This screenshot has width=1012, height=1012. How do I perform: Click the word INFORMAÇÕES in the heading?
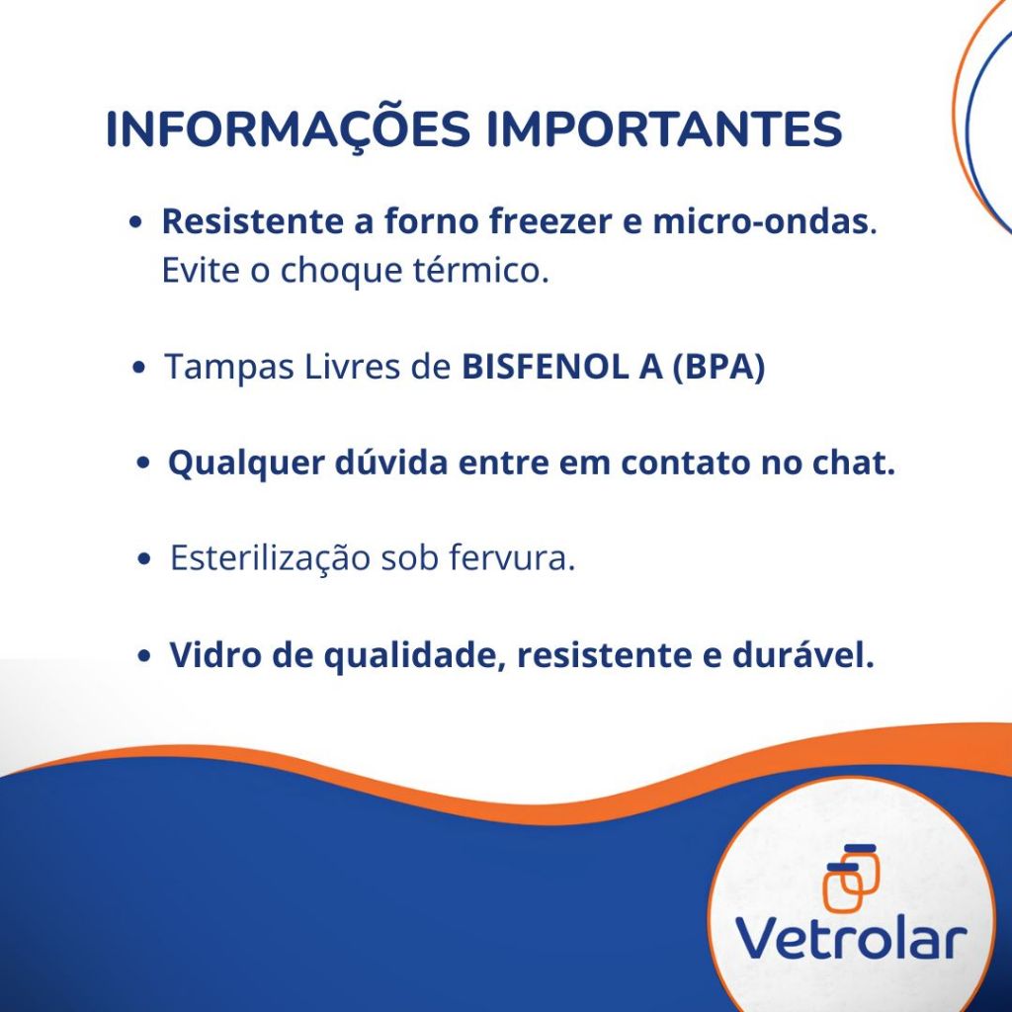point(288,130)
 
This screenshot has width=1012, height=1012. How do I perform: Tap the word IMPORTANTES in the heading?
point(664,128)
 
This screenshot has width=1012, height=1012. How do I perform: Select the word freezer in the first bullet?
point(549,221)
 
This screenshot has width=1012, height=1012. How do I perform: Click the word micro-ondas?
point(760,221)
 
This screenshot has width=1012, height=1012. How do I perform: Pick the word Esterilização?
point(271,557)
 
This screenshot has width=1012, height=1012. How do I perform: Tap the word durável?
point(802,654)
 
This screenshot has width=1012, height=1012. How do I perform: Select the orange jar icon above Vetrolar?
point(851,878)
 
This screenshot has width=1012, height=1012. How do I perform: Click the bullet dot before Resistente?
point(135,222)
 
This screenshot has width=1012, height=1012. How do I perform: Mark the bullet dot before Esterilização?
point(144,559)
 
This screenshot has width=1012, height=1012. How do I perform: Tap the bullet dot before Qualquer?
point(143,464)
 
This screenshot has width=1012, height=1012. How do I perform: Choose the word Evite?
point(201,270)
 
